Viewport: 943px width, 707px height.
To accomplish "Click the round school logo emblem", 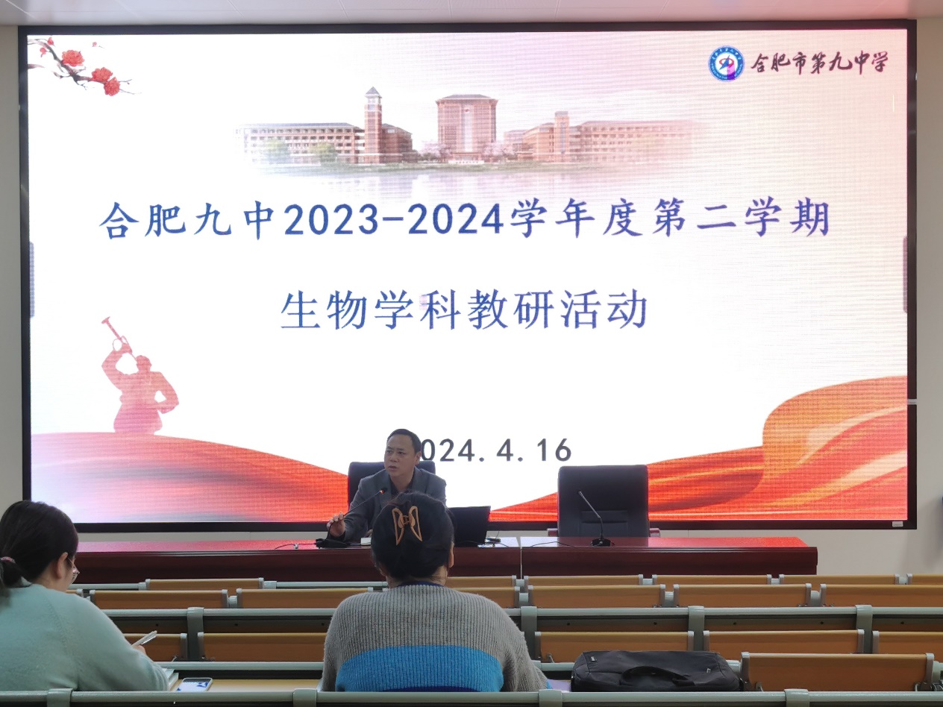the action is click(x=726, y=63).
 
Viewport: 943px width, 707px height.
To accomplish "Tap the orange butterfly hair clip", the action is click(x=405, y=524).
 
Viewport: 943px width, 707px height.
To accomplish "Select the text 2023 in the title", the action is click(x=331, y=219).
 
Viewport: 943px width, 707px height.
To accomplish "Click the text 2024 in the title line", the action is click(x=457, y=219).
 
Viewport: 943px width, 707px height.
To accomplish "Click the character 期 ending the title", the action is click(x=810, y=219).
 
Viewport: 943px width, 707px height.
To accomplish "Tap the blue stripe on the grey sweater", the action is click(x=419, y=667).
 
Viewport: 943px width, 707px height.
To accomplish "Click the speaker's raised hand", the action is click(x=338, y=526).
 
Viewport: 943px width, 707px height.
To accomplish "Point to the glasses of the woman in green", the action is click(x=73, y=571).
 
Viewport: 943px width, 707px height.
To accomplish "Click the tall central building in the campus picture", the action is click(x=466, y=127).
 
